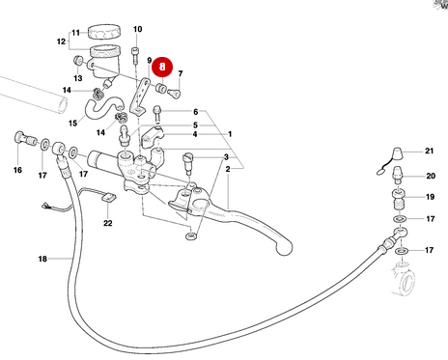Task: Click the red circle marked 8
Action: (x=162, y=67)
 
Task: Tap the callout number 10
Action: (x=137, y=29)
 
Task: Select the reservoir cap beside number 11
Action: (x=104, y=32)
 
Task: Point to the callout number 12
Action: (x=61, y=42)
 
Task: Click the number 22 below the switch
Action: (x=108, y=223)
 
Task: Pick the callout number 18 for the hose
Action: (x=42, y=259)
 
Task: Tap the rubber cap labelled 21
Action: (x=399, y=153)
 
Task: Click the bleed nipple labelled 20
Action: (x=398, y=175)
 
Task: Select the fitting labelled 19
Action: (x=399, y=199)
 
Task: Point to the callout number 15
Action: (x=72, y=124)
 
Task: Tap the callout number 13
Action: (x=78, y=78)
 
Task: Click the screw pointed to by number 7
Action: (x=174, y=94)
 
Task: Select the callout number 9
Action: (x=150, y=61)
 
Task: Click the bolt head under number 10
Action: (x=135, y=51)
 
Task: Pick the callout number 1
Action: (x=230, y=134)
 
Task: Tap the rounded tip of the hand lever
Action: (x=284, y=248)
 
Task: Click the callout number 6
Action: (x=196, y=112)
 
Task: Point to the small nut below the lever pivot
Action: (x=191, y=236)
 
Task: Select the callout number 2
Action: (x=228, y=169)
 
